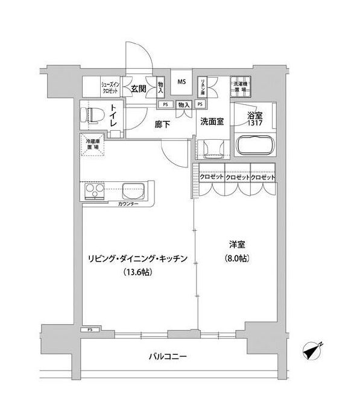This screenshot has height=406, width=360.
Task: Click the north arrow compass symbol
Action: coord(314,351)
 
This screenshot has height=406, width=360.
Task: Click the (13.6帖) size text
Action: coord(139,272)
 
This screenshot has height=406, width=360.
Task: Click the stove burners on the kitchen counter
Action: coord(95,193)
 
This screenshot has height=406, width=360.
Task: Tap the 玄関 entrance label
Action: coord(139,89)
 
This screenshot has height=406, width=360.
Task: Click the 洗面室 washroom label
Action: coord(212,121)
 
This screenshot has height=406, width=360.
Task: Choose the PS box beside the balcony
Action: coord(90,329)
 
